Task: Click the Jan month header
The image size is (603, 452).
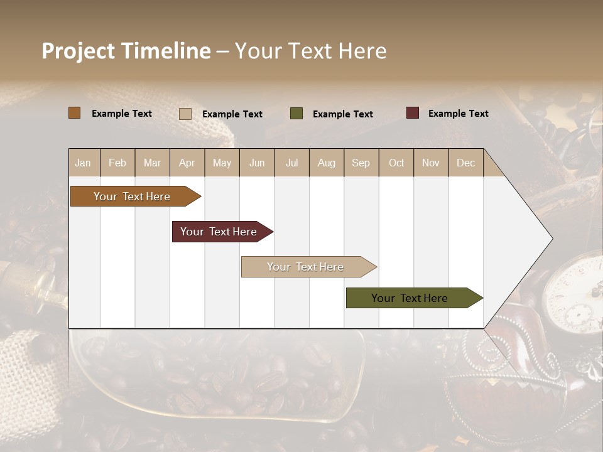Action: coord(83,163)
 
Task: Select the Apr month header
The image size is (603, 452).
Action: coord(187,163)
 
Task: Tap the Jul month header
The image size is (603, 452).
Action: coord(291,163)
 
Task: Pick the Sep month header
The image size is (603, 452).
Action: coord(361,163)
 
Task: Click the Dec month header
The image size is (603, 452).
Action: coord(465,163)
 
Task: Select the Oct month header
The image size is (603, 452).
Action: coord(396,163)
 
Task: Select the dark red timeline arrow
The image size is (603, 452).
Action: coord(220,232)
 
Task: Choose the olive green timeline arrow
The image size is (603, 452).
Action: coord(412,298)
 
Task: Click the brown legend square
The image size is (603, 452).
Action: coord(74,113)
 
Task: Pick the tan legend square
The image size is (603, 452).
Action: coord(185,114)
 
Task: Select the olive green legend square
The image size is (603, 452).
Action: coord(296,114)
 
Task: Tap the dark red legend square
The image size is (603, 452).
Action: coord(412,113)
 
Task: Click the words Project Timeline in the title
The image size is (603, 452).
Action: coord(126,51)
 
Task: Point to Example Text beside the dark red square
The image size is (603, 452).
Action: coord(458,114)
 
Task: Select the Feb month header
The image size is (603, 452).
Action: coord(117,163)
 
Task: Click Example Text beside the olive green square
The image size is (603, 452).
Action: coord(342,114)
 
